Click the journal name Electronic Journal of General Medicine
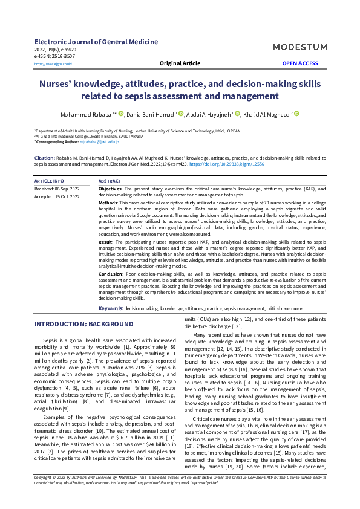96,42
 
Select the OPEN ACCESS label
300,63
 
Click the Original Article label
179,63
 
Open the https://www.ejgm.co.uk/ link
53,63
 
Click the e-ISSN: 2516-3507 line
55,56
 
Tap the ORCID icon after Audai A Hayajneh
238,113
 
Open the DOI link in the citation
227,163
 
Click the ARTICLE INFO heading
49,181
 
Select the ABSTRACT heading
110,181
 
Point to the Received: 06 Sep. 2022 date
56,189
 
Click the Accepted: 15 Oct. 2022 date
56,196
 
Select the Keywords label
111,308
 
